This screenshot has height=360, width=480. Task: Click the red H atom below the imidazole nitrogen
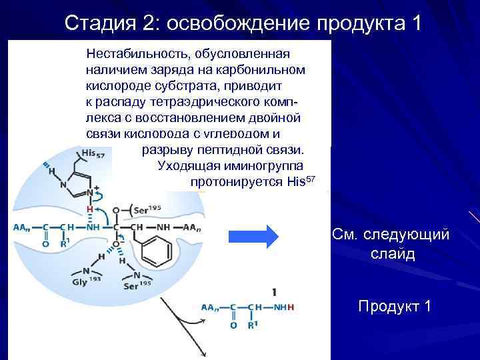click(x=89, y=209)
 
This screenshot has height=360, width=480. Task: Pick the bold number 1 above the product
click(x=274, y=292)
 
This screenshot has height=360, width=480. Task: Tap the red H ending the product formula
click(x=291, y=308)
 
